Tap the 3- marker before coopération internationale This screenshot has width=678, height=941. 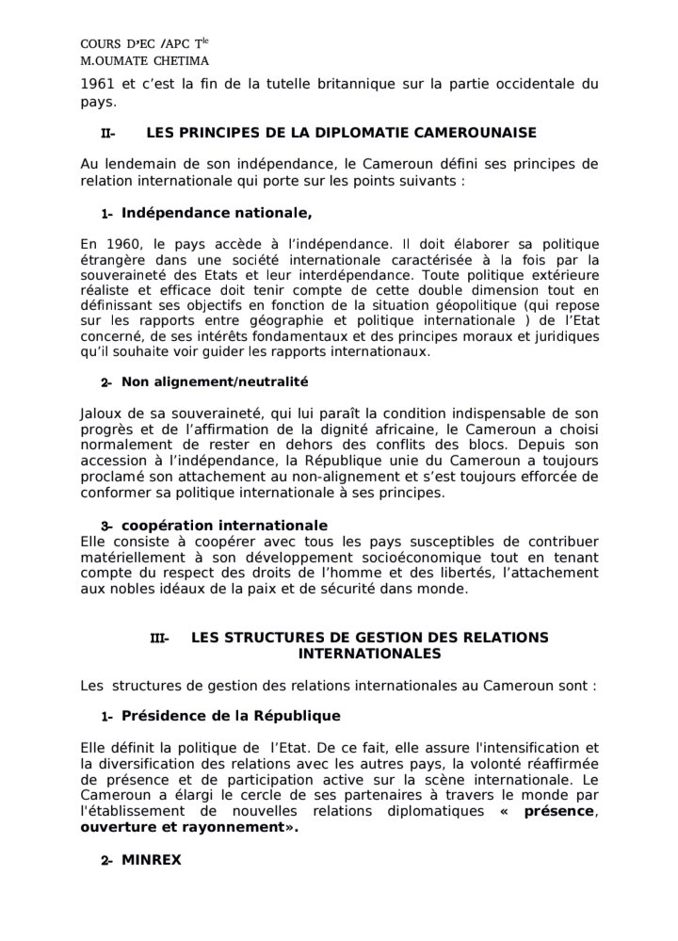pyautogui.click(x=107, y=526)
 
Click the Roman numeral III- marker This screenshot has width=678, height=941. pyautogui.click(x=159, y=639)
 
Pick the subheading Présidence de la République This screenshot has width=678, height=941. pyautogui.click(x=231, y=716)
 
